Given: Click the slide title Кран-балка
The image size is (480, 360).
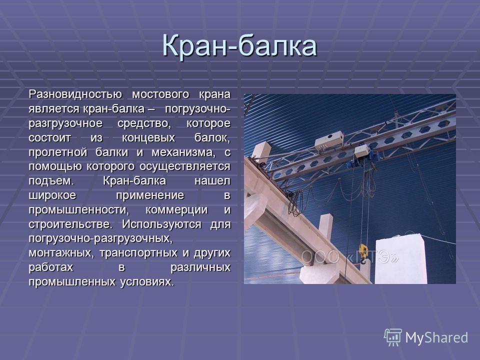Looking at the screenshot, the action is [x=239, y=45].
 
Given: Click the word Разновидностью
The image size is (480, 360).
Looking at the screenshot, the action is [x=75, y=94].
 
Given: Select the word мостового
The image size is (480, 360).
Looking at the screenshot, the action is [x=160, y=94].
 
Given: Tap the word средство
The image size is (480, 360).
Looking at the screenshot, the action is [x=143, y=123].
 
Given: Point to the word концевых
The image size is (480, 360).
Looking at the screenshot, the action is [x=148, y=138].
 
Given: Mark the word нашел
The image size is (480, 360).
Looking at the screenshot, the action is [x=212, y=181].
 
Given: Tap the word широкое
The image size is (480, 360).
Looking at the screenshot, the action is [x=52, y=195].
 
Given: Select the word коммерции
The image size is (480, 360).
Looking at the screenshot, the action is [x=176, y=210].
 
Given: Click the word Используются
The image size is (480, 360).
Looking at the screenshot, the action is [x=161, y=224].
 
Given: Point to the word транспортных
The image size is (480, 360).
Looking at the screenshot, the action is [x=138, y=253].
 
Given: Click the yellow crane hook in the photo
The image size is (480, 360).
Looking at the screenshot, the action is [x=363, y=253].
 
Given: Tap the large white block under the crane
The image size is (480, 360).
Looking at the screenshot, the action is [x=400, y=259].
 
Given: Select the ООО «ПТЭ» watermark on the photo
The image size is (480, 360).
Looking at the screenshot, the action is [x=349, y=257].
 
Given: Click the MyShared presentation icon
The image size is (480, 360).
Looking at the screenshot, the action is [x=393, y=337].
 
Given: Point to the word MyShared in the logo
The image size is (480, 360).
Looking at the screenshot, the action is [x=436, y=338].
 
